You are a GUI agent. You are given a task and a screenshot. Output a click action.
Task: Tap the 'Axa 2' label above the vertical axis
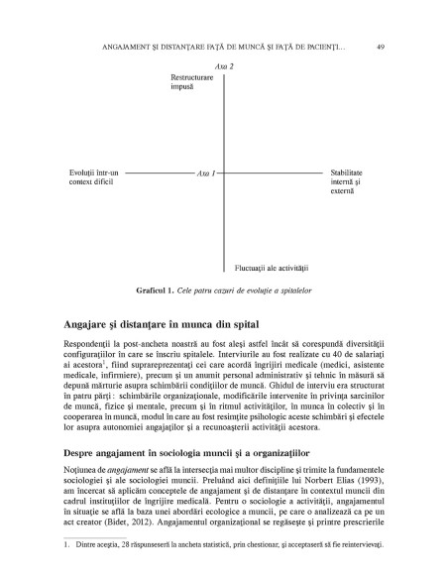[x=225, y=64]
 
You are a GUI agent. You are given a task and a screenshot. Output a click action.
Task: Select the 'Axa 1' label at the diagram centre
[x=207, y=173]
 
